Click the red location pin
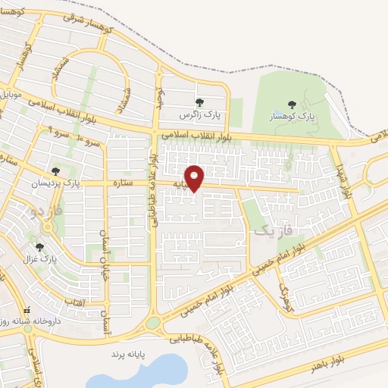[x=196, y=177]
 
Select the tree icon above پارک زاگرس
[x=199, y=102]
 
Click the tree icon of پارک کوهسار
[x=293, y=105]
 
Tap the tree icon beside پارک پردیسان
[x=55, y=171]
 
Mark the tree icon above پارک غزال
[x=39, y=247]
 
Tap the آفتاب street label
[x=77, y=302]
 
